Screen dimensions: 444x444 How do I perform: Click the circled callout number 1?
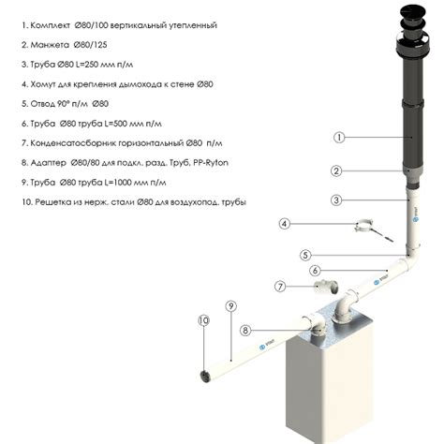339,138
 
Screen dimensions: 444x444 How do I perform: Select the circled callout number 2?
336,170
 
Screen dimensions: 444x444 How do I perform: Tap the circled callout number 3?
336,200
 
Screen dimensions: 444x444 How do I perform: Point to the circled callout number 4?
284,224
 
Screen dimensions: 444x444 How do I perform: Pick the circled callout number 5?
305,255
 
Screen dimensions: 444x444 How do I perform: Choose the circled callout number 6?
316,271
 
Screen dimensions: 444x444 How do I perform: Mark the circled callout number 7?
280,286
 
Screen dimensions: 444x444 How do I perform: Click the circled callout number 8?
245,330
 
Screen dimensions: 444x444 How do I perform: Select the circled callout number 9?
231,306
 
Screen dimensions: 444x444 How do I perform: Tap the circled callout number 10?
203,320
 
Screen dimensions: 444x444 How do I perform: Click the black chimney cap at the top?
413,31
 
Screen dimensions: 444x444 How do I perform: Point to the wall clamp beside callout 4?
370,230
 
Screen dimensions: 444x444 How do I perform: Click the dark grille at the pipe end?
205,376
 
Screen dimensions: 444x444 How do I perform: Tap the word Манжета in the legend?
50,45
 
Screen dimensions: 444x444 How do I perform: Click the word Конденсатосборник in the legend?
75,143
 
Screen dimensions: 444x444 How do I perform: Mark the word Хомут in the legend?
43,84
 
